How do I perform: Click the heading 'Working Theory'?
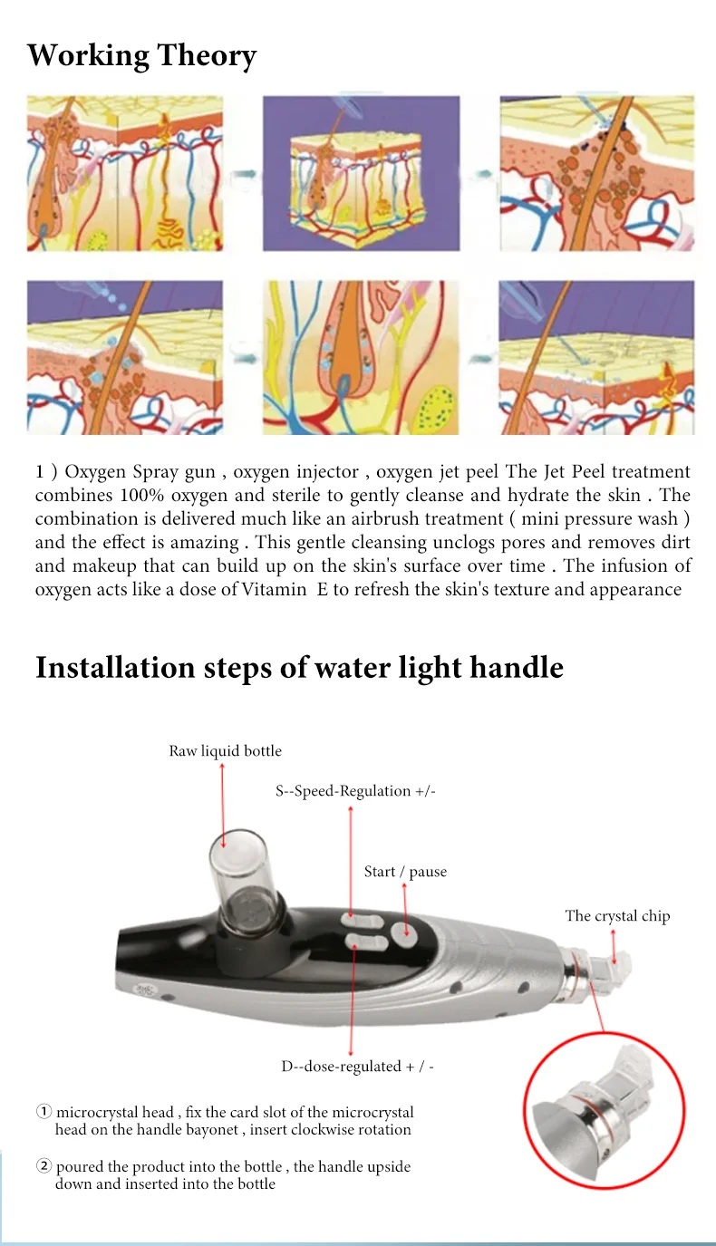(x=141, y=56)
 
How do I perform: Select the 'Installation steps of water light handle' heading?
(x=299, y=668)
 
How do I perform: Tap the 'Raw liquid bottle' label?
(x=225, y=750)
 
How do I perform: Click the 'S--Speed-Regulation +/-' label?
(x=355, y=790)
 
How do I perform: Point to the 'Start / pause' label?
(x=405, y=871)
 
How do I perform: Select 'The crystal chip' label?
(x=617, y=915)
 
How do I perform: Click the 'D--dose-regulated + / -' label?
(x=357, y=1066)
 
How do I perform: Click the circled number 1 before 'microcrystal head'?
(x=44, y=1112)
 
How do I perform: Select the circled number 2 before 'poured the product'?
(x=44, y=1166)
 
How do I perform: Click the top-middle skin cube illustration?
(x=360, y=174)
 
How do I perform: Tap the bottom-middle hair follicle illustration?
(x=360, y=357)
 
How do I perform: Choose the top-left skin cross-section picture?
(x=124, y=174)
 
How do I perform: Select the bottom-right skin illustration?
(x=595, y=357)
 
